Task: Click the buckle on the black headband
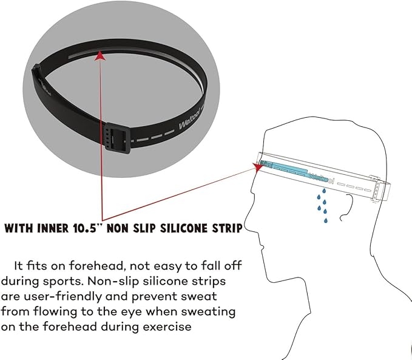click(118, 140)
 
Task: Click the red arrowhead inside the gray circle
click(100, 56)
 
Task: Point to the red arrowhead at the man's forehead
click(258, 166)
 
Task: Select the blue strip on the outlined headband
click(284, 169)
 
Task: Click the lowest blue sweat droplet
click(326, 220)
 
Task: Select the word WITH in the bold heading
click(19, 228)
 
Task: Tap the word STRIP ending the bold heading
click(227, 228)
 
